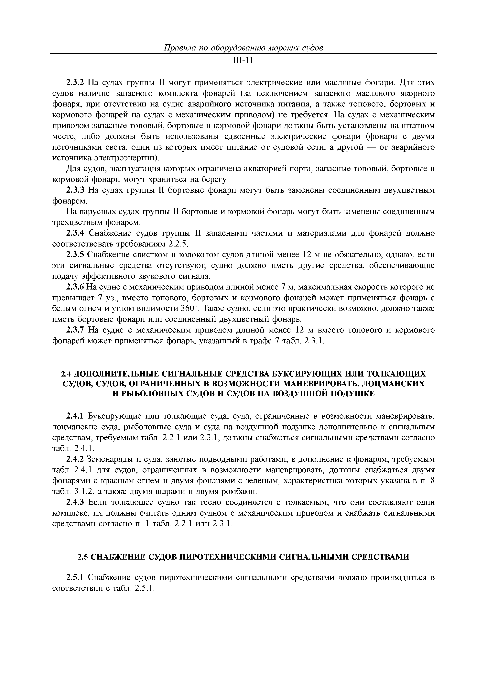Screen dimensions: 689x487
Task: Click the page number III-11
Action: [243, 61]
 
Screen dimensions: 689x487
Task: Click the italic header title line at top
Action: [243, 48]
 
